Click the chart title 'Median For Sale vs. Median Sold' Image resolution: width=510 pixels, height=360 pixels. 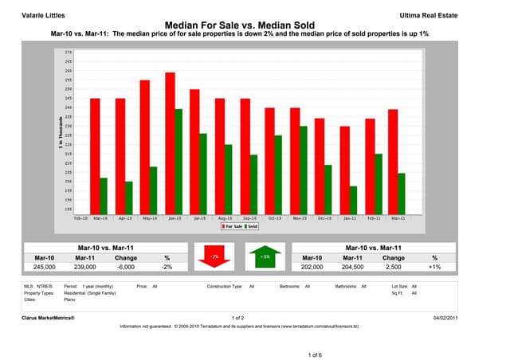tap(254, 25)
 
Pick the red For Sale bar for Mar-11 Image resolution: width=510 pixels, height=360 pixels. tap(392, 160)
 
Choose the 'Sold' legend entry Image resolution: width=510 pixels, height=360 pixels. tap(252, 226)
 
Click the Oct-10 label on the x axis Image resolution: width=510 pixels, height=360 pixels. tap(273, 217)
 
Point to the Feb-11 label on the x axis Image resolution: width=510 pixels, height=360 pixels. tap(373, 217)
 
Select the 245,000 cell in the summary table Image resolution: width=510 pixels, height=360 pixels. tap(45, 268)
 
